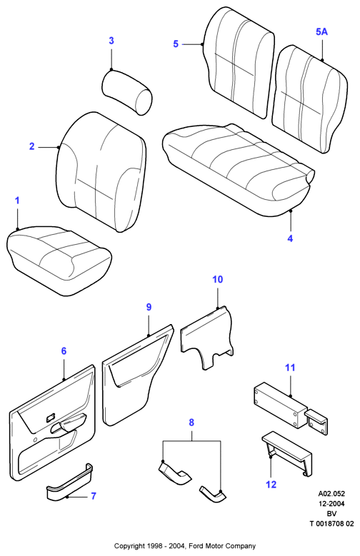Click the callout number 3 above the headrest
(111, 41)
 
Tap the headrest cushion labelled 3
(127, 92)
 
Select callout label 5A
(321, 32)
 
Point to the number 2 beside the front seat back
(32, 146)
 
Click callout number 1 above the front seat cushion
(17, 201)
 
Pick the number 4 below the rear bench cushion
(290, 238)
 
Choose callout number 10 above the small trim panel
(217, 279)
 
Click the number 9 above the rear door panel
(149, 307)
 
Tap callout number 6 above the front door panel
(64, 351)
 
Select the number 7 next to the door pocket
(94, 496)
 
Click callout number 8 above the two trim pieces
(191, 423)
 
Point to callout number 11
(290, 368)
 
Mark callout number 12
(271, 485)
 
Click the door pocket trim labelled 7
(69, 482)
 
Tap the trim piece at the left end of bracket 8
(174, 472)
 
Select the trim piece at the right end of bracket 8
(213, 493)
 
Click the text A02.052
(331, 494)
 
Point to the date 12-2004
(331, 503)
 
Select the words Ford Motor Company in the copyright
(222, 546)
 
